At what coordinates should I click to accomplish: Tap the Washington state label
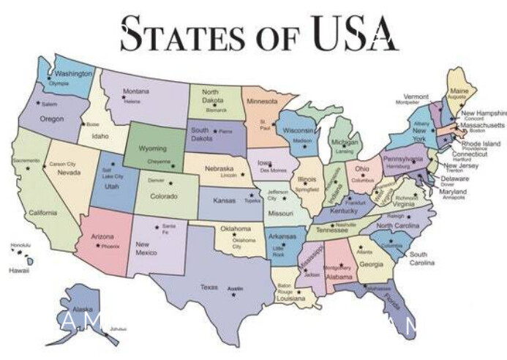pos(73,74)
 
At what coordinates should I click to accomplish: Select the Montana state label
pos(135,91)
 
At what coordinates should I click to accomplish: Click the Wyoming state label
pos(153,149)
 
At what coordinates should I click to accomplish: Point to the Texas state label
pos(209,287)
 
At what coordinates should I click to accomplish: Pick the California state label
pos(42,213)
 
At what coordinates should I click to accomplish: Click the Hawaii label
pos(19,270)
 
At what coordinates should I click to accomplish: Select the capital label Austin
pos(235,290)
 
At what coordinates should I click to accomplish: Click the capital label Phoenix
pos(110,247)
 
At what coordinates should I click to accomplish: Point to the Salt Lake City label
pos(113,173)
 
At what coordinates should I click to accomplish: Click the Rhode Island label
pos(481,144)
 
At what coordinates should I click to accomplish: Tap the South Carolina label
pos(423,258)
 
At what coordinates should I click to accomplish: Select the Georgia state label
pos(371,264)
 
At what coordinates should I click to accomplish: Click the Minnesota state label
pos(262,101)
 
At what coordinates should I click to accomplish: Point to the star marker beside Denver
pos(170,181)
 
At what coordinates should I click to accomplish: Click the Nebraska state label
pos(219,168)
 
